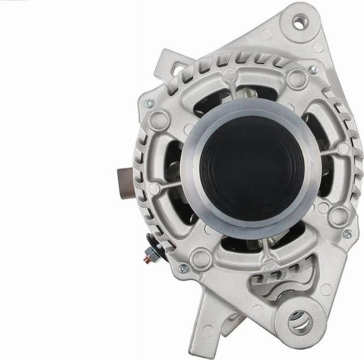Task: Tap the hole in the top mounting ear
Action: tap(298, 22)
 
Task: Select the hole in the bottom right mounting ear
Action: tap(300, 321)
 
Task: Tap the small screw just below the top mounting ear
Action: tap(313, 69)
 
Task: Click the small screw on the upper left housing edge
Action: tap(149, 103)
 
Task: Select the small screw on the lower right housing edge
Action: tap(348, 234)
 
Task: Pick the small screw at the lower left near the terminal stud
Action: tap(183, 269)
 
